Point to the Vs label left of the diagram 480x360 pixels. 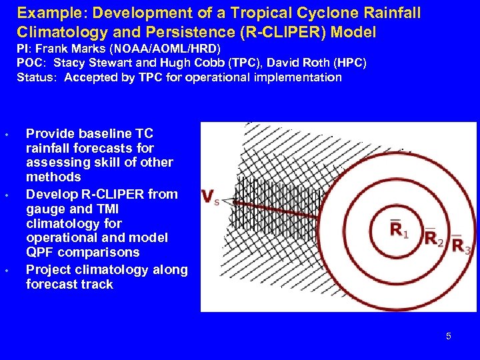(211, 197)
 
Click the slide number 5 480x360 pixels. (448, 336)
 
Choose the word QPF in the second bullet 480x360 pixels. (41, 253)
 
